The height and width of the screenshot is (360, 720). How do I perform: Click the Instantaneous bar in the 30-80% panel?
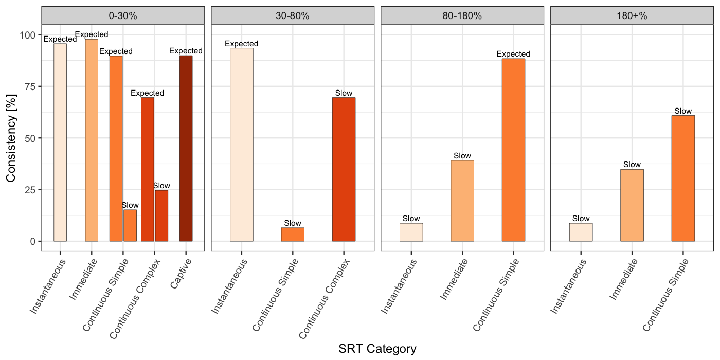click(241, 145)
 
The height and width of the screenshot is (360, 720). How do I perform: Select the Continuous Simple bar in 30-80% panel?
click(293, 235)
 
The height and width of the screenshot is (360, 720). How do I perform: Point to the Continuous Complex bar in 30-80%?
click(344, 169)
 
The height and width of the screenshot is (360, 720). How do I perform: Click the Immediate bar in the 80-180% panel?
click(462, 201)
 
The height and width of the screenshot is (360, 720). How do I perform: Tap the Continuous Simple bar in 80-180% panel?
click(513, 150)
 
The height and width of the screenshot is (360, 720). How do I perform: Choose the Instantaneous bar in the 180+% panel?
click(581, 232)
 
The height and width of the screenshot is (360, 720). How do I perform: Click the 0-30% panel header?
click(123, 15)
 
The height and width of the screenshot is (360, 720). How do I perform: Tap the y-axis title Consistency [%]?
click(11, 138)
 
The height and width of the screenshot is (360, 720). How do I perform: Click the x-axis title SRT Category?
click(377, 349)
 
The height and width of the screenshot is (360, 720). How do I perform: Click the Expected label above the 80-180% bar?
click(513, 54)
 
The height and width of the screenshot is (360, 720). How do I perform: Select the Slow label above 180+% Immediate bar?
click(632, 165)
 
